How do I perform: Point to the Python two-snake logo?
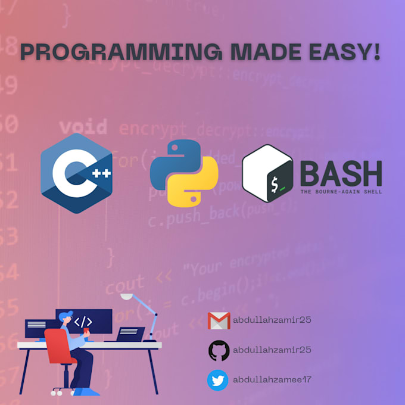coord(184,173)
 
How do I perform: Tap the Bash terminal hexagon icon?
coord(267,173)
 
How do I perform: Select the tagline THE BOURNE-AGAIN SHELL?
coord(341,192)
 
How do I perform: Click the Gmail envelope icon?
coord(219,320)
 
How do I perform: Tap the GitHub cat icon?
coord(219,350)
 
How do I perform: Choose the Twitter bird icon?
coord(218,380)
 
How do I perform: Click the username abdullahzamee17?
coord(272,380)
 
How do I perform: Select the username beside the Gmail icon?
coord(272,320)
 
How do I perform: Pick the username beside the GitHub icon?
coord(272,350)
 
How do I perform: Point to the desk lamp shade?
coord(127,296)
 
